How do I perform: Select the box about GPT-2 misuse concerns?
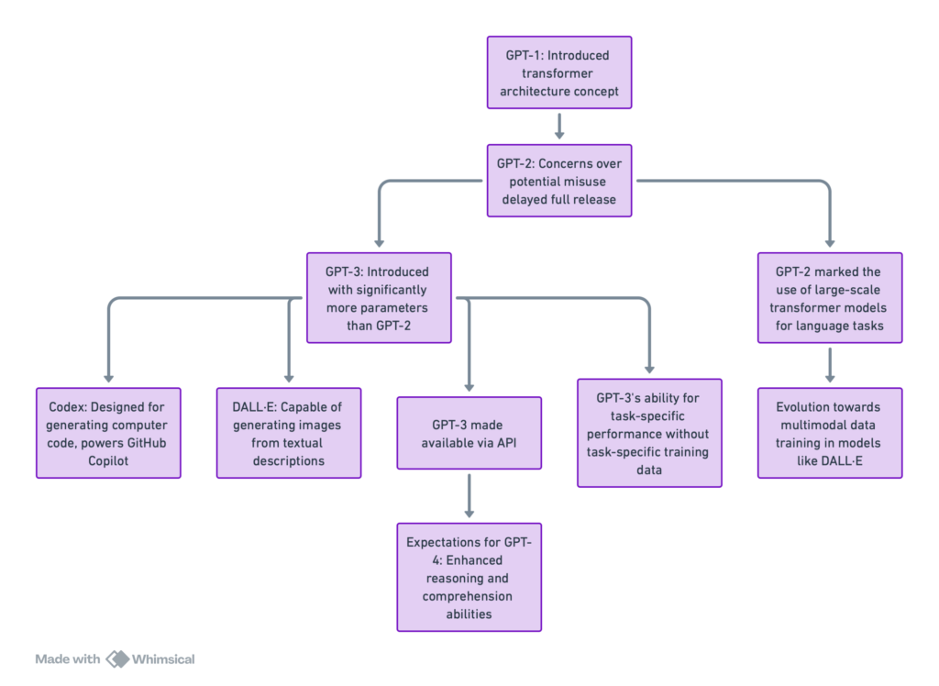point(558,181)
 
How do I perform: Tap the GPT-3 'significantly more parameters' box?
point(379,298)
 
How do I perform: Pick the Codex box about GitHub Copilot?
point(108,432)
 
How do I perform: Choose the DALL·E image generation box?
point(289,432)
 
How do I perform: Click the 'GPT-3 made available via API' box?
point(469,433)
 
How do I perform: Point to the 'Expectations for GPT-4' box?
point(469,577)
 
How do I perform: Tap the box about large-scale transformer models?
point(829,298)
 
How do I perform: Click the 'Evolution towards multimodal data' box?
point(829,432)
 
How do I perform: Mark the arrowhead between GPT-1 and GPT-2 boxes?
point(558,135)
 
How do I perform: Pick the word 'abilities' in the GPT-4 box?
point(469,614)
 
